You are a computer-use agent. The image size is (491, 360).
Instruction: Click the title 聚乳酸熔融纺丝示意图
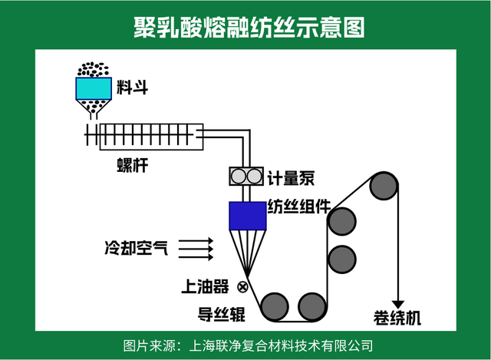tap(245, 26)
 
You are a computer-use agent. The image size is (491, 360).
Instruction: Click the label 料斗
tap(132, 87)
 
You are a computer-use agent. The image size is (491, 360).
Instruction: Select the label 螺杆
tap(131, 164)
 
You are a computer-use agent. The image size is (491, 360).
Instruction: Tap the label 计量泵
tap(291, 178)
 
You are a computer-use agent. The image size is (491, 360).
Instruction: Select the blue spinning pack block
tap(247, 216)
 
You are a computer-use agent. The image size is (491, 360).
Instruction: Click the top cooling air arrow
tap(196, 239)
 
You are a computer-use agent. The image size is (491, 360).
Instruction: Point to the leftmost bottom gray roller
tap(274, 306)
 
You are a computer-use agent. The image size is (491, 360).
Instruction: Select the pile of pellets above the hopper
tap(94, 70)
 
